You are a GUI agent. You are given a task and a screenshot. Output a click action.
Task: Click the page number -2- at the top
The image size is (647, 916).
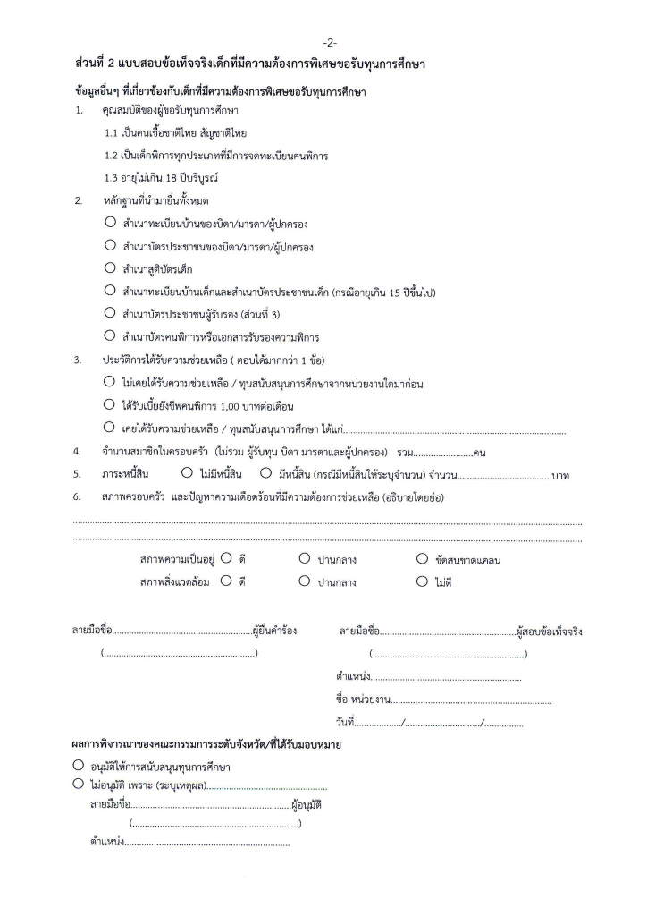coord(331,43)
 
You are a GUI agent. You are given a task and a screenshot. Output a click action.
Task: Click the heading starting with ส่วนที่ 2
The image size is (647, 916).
coord(250,65)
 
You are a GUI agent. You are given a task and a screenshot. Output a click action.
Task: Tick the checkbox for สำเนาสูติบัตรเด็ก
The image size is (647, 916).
coord(110,267)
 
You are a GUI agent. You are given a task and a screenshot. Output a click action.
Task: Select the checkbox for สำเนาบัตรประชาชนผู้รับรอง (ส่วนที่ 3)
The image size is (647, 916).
coord(110,313)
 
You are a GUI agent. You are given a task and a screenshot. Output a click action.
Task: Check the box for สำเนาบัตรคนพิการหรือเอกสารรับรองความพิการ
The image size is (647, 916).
coord(110,336)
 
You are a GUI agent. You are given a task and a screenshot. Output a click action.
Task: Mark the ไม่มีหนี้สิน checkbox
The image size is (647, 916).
coord(187,472)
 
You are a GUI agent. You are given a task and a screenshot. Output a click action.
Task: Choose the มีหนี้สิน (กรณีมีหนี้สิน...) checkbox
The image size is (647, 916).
coord(266,472)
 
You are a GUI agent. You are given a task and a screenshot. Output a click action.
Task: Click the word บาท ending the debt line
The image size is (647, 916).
coord(562,474)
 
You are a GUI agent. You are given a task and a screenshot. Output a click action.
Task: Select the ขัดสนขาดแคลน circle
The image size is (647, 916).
coord(423,559)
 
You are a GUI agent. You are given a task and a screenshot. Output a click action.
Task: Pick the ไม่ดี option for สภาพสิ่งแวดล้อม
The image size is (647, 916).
coord(423,581)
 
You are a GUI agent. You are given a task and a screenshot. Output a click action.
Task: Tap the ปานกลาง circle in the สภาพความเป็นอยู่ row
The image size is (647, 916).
coord(305,559)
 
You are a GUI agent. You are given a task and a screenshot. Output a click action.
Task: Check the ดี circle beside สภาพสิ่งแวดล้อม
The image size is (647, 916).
coord(226,581)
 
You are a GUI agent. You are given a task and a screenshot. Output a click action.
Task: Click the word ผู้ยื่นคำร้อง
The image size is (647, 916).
coord(274,632)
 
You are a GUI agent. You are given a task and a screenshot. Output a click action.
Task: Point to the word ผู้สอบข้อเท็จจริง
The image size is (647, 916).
coord(550,632)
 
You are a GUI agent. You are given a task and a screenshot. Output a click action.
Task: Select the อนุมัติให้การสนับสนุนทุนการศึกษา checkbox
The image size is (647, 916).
coord(79,767)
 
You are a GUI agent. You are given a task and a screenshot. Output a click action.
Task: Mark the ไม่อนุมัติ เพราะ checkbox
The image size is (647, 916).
coord(79,785)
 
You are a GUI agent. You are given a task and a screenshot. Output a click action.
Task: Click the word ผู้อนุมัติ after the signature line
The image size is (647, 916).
coord(307,805)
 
